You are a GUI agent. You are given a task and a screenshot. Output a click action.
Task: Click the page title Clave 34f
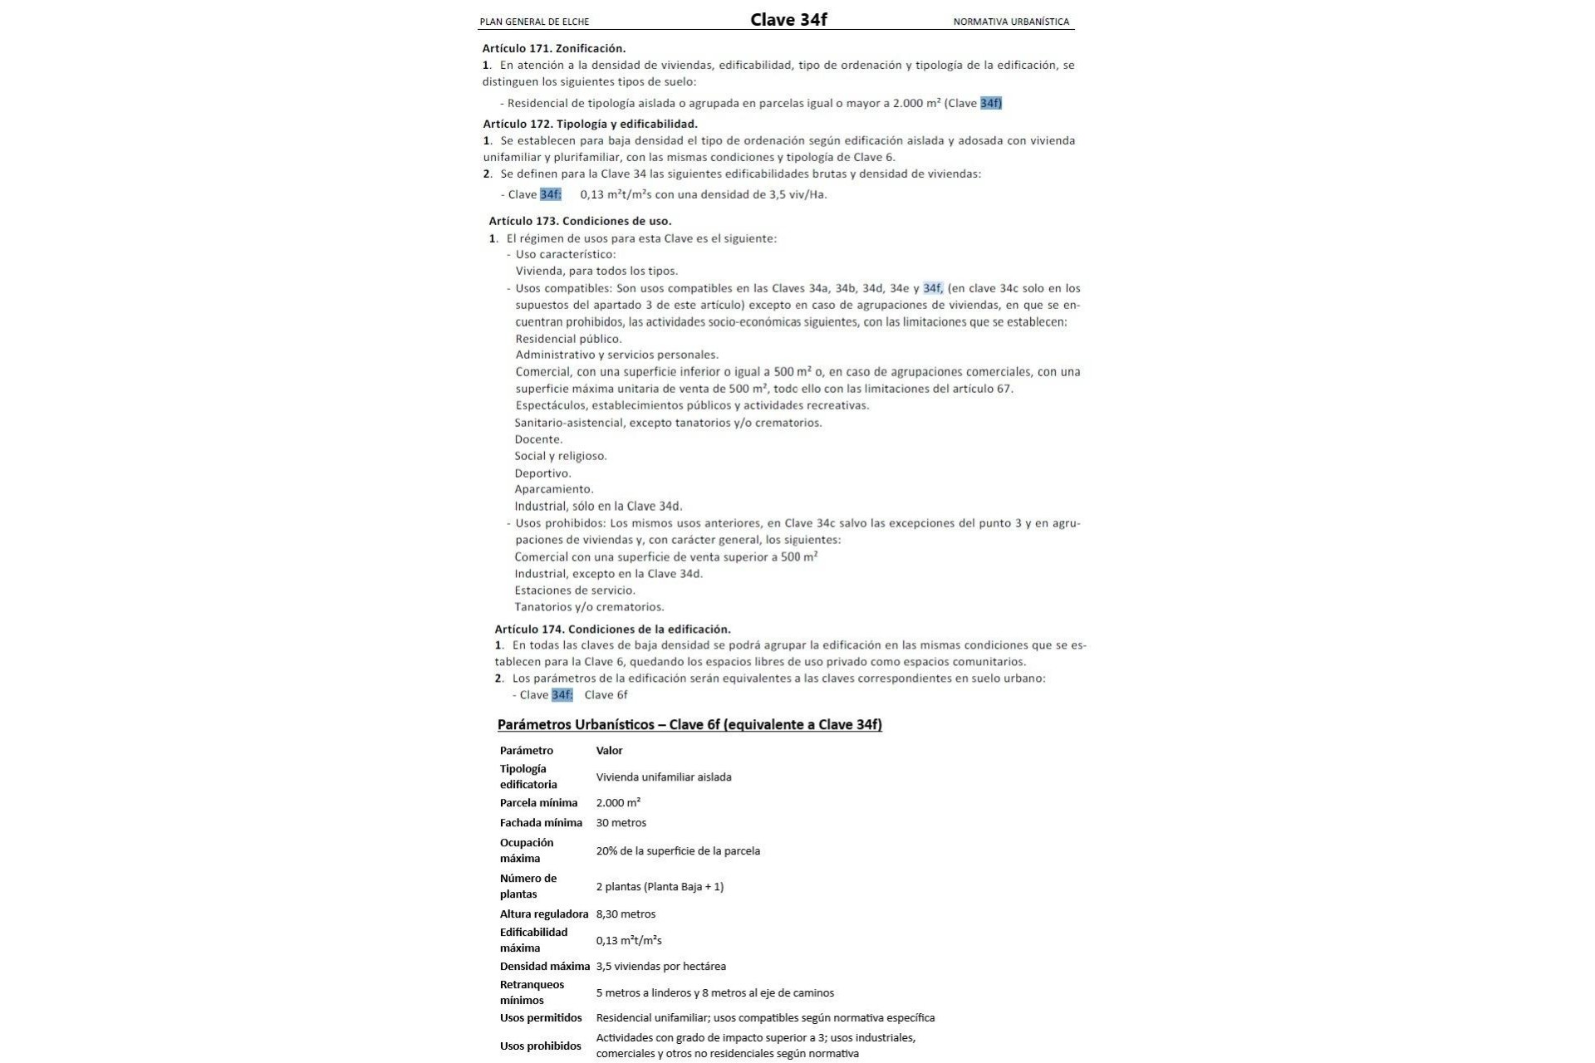[788, 20]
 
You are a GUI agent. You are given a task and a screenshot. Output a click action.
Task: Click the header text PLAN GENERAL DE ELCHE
[534, 22]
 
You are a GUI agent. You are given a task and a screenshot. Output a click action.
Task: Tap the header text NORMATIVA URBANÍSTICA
[1011, 22]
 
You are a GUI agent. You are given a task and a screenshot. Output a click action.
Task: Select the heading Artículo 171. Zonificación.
[554, 48]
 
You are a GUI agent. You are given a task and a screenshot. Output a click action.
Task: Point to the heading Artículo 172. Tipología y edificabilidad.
[590, 124]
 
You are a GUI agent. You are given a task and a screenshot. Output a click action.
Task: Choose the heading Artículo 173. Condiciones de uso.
[580, 221]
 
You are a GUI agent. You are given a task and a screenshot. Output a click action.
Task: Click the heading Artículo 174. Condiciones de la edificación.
[612, 629]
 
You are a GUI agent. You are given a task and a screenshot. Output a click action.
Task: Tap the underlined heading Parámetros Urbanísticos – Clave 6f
[690, 724]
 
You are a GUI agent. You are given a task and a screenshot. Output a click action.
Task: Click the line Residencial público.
[568, 339]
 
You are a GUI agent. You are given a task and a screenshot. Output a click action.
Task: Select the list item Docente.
[538, 439]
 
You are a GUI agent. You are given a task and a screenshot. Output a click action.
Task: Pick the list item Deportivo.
[542, 473]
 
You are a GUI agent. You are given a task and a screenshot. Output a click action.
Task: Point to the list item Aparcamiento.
[553, 489]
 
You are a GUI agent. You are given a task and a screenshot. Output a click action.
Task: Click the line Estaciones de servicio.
[575, 590]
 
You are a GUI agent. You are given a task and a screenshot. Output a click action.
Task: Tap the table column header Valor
[609, 751]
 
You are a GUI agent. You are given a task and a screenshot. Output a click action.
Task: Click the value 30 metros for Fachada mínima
[621, 823]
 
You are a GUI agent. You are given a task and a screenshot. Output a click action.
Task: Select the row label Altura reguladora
[543, 914]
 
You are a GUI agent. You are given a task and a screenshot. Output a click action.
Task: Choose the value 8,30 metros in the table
[626, 914]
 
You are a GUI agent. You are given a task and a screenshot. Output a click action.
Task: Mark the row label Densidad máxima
[544, 966]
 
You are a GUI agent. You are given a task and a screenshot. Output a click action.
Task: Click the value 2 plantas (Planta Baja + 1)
[660, 886]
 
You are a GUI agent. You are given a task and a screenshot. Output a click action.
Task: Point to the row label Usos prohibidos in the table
[540, 1046]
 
